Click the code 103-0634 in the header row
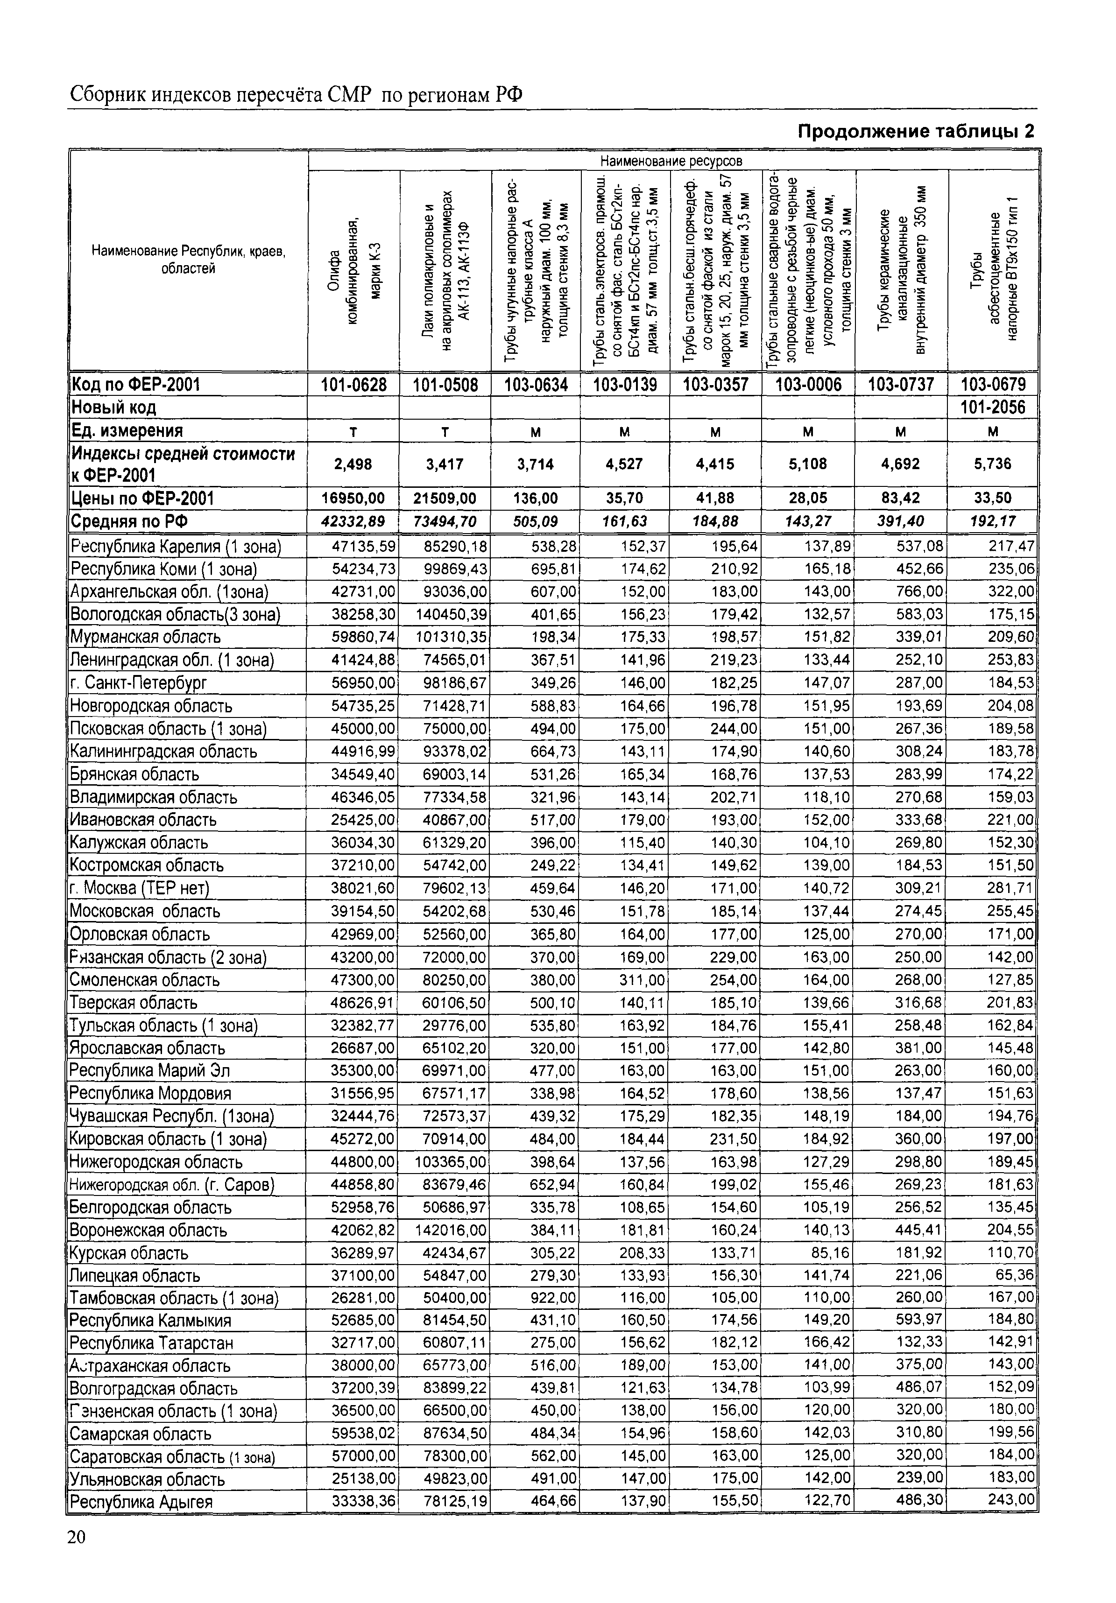(536, 385)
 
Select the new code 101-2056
(992, 407)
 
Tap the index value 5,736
(992, 464)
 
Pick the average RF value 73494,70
(445, 521)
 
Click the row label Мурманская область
(145, 637)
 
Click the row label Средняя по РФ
(129, 521)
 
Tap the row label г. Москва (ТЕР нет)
(140, 888)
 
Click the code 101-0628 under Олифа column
(353, 385)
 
